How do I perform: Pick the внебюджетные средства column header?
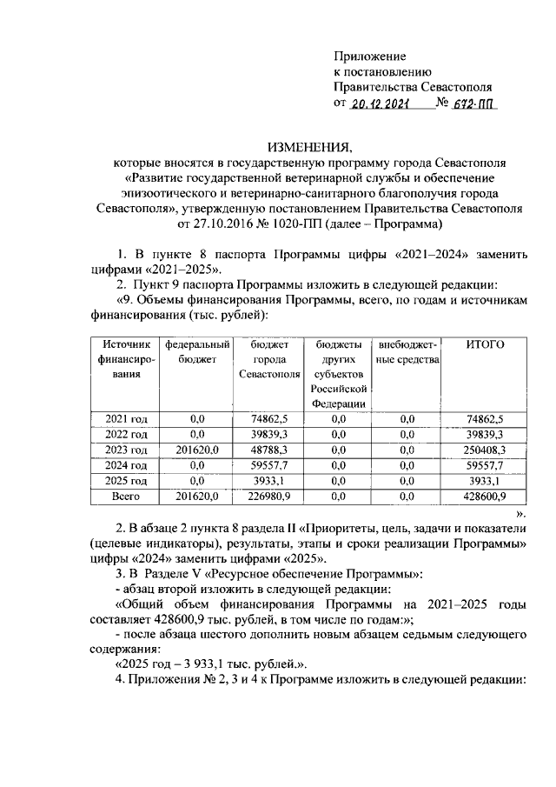click(x=407, y=352)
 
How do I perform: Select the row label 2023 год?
click(x=127, y=449)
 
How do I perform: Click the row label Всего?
click(x=127, y=496)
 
